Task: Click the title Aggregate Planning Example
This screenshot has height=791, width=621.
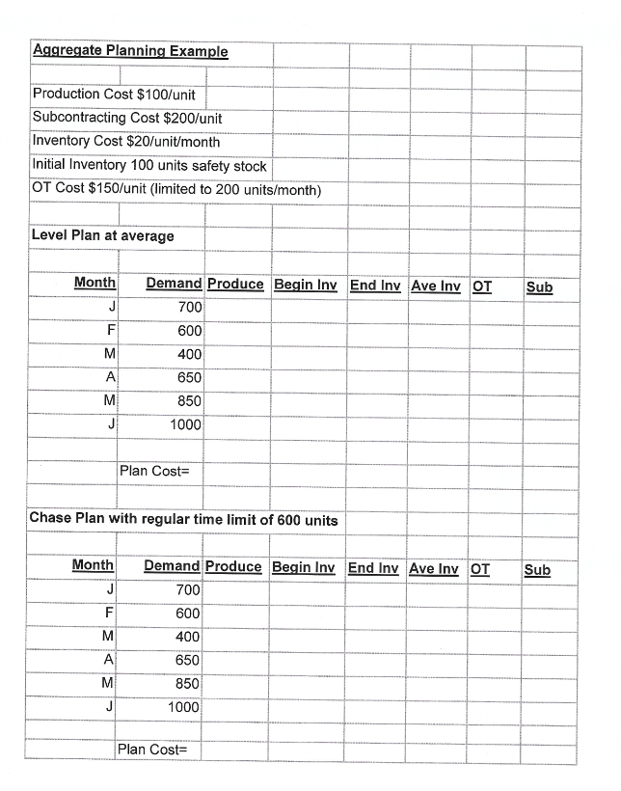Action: click(130, 51)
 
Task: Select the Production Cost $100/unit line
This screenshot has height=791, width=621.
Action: click(114, 95)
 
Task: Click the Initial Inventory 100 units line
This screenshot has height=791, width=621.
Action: click(149, 165)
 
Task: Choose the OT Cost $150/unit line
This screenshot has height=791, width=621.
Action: click(176, 188)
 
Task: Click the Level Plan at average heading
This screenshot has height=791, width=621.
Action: click(103, 235)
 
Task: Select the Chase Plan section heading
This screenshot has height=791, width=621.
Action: click(184, 519)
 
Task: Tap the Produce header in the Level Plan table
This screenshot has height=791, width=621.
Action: click(235, 285)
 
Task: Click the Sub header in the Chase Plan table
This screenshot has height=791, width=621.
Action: click(537, 569)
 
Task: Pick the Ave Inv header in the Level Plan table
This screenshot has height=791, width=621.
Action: click(437, 286)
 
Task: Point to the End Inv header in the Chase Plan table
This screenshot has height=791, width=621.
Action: click(373, 568)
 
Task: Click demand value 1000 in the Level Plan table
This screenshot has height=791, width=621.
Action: click(185, 424)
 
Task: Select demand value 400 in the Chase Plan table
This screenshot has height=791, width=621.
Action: click(187, 637)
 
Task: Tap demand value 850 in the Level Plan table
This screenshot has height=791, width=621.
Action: click(189, 401)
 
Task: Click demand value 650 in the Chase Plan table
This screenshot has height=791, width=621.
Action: click(187, 661)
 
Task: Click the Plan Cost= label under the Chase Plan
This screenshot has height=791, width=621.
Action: click(152, 750)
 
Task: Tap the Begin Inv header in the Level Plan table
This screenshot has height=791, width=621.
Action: click(305, 286)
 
